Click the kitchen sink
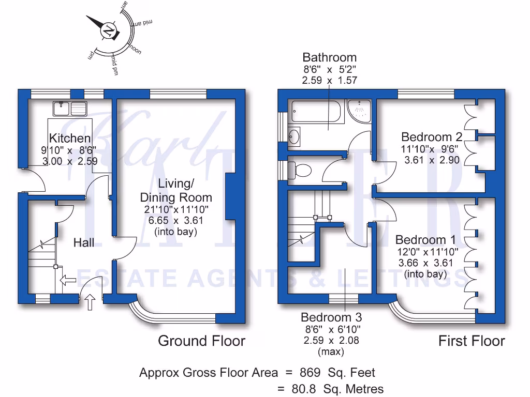coord(69,109)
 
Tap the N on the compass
coord(109,30)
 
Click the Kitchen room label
coord(69,138)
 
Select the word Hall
coord(84,242)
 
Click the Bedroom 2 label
coord(432,137)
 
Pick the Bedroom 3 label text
coord(331,317)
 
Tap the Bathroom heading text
coord(330,57)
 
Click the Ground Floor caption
coord(201,341)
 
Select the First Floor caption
coord(472,341)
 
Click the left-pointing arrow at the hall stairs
coord(68,281)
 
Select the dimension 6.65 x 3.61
coord(176,221)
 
